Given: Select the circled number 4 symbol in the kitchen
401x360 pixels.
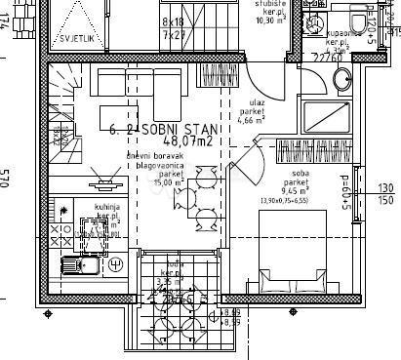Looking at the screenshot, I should click(115, 263).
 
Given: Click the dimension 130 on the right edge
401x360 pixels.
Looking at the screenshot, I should click(384, 187).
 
